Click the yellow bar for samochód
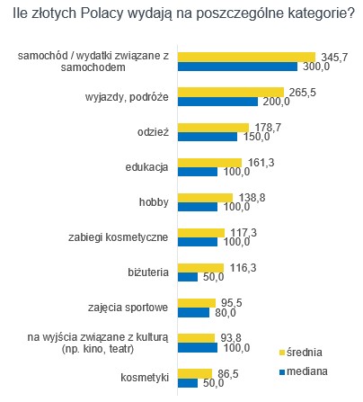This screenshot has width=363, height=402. click(246, 57)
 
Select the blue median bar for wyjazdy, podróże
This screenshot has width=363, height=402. click(217, 102)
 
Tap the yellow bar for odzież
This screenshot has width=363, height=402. click(213, 128)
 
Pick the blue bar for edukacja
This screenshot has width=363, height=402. click(198, 172)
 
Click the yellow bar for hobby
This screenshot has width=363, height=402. click(205, 198)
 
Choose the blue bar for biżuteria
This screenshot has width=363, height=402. click(188, 277)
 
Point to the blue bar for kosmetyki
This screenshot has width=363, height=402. click(188, 383)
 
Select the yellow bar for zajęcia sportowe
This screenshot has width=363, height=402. click(197, 303)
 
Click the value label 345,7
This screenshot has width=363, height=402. click(334, 57)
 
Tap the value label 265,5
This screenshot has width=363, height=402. click(303, 93)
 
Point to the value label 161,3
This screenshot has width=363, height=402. click(261, 163)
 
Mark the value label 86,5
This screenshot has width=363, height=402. click(228, 374)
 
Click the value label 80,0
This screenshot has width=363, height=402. click(226, 312)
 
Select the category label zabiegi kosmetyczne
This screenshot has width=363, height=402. click(118, 237)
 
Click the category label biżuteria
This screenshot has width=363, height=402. click(148, 272)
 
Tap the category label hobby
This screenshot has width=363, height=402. click(154, 202)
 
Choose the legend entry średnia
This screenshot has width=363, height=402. click(300, 353)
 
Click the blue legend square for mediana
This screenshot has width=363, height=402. click(281, 372)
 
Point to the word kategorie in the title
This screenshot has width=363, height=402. click(317, 13)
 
